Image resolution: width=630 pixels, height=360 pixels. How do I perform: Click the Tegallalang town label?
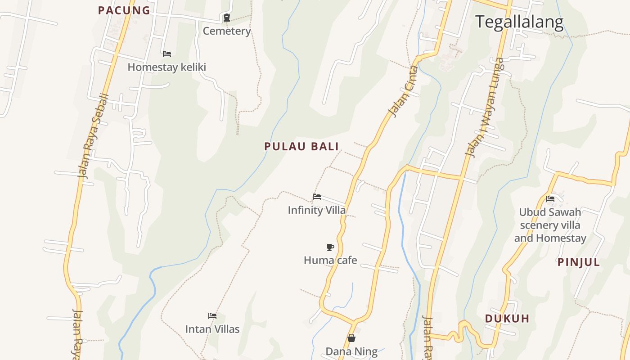pyautogui.click(x=519, y=22)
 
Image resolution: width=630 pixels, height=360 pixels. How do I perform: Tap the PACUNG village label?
pyautogui.click(x=124, y=10)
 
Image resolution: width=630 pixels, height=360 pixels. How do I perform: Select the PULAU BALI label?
pyautogui.click(x=301, y=146)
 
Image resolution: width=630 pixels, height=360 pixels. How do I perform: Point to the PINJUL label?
pyautogui.click(x=579, y=262)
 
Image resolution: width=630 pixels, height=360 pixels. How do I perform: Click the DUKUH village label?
pyautogui.click(x=507, y=319)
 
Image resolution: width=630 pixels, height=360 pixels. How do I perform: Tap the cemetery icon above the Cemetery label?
pyautogui.click(x=227, y=18)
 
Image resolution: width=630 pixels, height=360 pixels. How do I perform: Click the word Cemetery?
pyautogui.click(x=227, y=31)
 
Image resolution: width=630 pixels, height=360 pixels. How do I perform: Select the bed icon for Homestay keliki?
pyautogui.click(x=167, y=54)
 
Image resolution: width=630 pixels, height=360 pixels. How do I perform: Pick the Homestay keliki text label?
pyautogui.click(x=166, y=67)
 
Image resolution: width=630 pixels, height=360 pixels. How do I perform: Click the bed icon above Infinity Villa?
pyautogui.click(x=317, y=197)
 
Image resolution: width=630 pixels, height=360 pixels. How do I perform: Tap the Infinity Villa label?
pyautogui.click(x=317, y=210)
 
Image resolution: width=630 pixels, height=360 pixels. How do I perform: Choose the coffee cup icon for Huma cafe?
pyautogui.click(x=330, y=247)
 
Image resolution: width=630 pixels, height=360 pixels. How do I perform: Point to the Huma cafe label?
pyautogui.click(x=330, y=260)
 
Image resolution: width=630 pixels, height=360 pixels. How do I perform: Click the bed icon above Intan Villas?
pyautogui.click(x=212, y=316)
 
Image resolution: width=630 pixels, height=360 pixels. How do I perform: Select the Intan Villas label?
pyautogui.click(x=212, y=329)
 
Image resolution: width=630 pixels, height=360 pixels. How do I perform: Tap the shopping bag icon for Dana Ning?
pyautogui.click(x=351, y=338)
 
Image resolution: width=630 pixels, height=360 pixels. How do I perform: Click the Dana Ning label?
pyautogui.click(x=351, y=351)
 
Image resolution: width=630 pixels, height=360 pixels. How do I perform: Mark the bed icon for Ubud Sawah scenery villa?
pyautogui.click(x=550, y=198)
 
